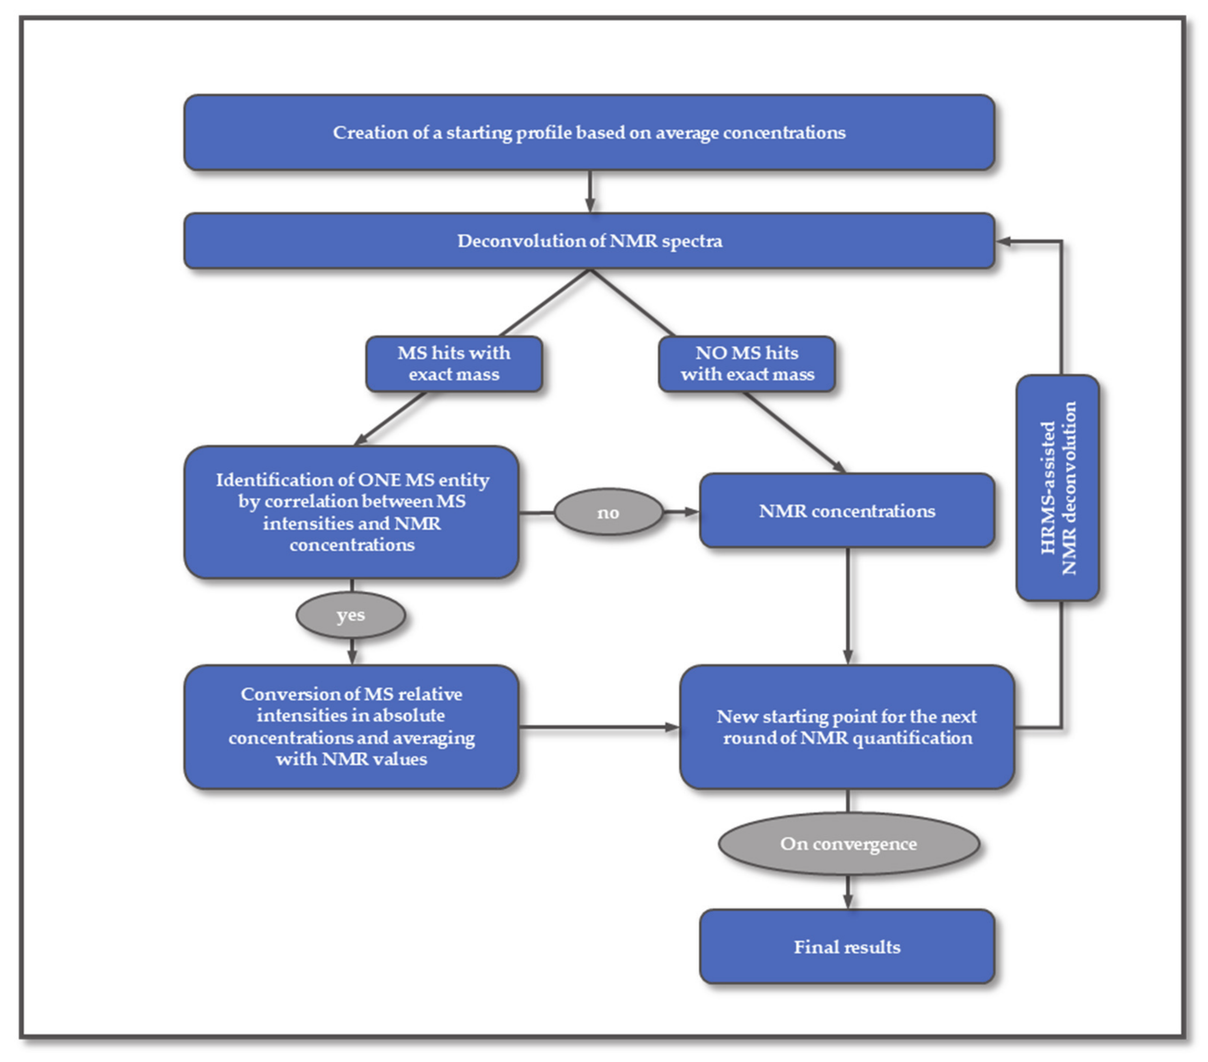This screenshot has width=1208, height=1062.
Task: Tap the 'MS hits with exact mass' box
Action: pos(453,364)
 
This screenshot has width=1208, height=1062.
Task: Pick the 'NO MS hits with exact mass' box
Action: pos(746,364)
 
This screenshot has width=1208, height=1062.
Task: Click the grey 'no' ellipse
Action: pos(608,513)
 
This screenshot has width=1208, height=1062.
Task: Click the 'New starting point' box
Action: pos(846,727)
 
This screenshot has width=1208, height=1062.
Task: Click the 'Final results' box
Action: pos(846,947)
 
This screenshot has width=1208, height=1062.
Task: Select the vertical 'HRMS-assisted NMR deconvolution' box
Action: pos(1057,488)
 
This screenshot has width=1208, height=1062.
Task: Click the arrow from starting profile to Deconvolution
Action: pos(589,192)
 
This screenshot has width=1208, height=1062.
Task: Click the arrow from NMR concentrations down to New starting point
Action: pos(848,605)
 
